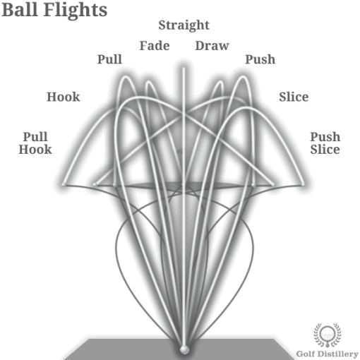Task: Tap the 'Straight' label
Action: tap(184, 25)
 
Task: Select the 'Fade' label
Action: tap(154, 46)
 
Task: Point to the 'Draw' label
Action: tap(212, 46)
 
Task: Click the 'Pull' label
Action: tap(109, 59)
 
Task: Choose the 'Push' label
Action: tap(260, 59)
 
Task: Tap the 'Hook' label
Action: tap(64, 97)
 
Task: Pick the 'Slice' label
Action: tap(294, 97)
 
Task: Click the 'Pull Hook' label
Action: tap(35, 143)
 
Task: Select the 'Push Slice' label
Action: tap(325, 143)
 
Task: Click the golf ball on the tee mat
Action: tap(184, 348)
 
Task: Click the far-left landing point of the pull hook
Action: tap(63, 184)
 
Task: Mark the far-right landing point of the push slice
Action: tap(304, 184)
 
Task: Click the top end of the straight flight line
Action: tap(184, 68)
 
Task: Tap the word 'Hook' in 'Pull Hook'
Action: tap(35, 149)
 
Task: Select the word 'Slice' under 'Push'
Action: tap(325, 149)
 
